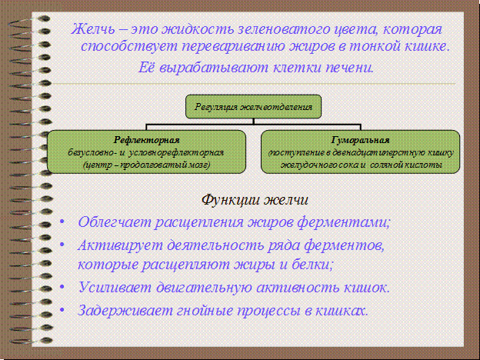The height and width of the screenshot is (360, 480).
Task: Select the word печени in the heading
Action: (x=350, y=67)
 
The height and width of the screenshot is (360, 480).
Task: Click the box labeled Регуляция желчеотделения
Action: (x=255, y=106)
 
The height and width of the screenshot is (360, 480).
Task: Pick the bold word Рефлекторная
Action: (x=147, y=140)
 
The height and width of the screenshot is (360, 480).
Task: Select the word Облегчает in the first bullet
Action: (x=113, y=222)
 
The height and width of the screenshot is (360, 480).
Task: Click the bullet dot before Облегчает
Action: (x=62, y=223)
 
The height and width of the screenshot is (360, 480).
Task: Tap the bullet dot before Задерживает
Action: (x=62, y=312)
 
